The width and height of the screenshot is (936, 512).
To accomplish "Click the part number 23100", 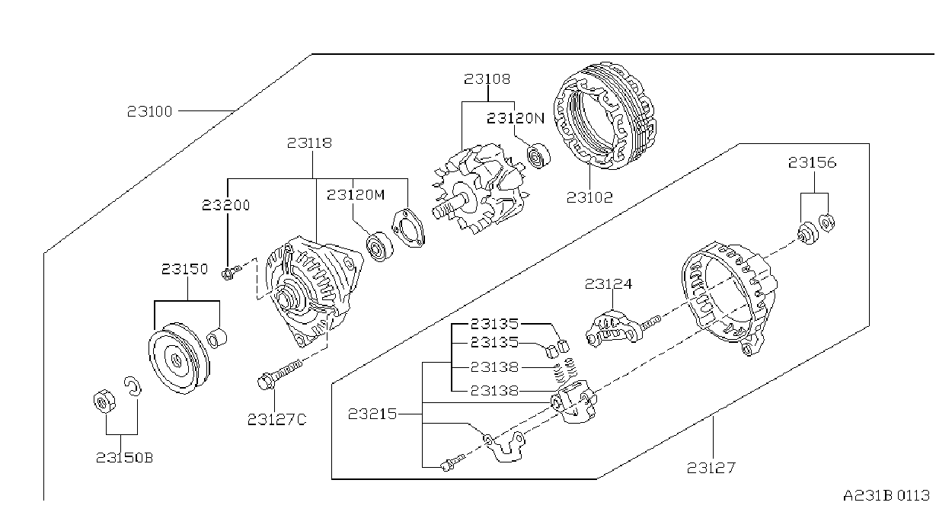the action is coord(149,111).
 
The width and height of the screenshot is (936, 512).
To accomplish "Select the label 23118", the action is coord(309,143).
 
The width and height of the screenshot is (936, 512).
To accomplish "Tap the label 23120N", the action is coord(516,118).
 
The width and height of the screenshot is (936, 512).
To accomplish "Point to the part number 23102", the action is coord(589,197).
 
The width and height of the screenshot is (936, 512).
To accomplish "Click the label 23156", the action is coord(813,162).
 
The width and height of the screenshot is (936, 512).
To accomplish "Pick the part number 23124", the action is coord(608,284).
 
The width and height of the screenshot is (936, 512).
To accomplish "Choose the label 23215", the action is coord(372,414).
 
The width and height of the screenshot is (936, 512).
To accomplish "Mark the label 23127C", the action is coord(276,419).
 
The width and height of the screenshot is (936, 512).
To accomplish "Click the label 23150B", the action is coord(125,458).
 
